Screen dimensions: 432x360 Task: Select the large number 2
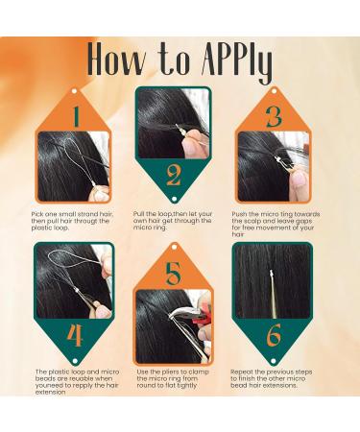click(x=174, y=176)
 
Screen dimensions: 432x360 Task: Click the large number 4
click(x=73, y=336)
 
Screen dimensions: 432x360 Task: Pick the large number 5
click(x=174, y=275)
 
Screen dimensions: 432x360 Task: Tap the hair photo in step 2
click(x=173, y=123)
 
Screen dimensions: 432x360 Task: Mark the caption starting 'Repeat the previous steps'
click(x=274, y=380)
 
